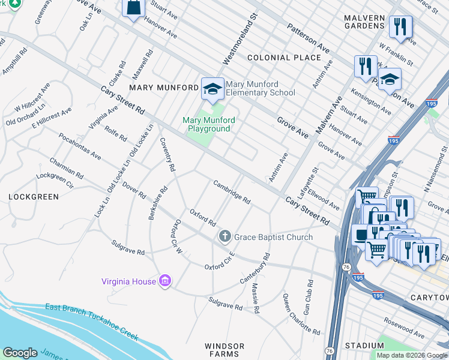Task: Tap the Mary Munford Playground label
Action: tap(208, 124)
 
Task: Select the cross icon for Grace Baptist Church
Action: tap(225, 236)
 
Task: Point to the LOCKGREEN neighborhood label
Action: tap(34, 197)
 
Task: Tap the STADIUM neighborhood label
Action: tap(364, 346)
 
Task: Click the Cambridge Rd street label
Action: tap(232, 191)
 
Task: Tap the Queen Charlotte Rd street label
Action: tap(301, 314)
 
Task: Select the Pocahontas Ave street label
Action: tap(79, 146)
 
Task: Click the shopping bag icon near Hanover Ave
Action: tap(134, 8)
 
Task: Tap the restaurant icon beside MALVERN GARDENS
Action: tap(400, 27)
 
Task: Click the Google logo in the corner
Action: tap(20, 353)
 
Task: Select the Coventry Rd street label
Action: tap(167, 154)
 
